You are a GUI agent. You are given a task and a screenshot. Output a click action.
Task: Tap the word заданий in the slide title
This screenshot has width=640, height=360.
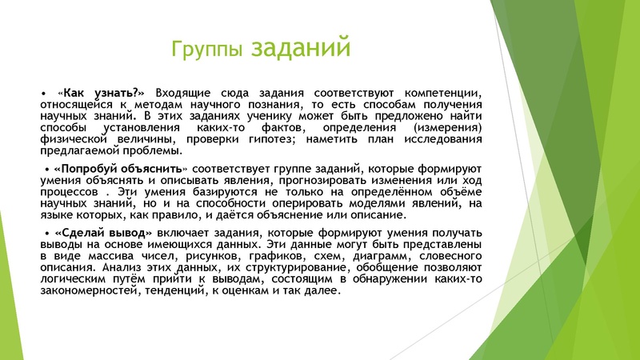coord(301,47)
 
